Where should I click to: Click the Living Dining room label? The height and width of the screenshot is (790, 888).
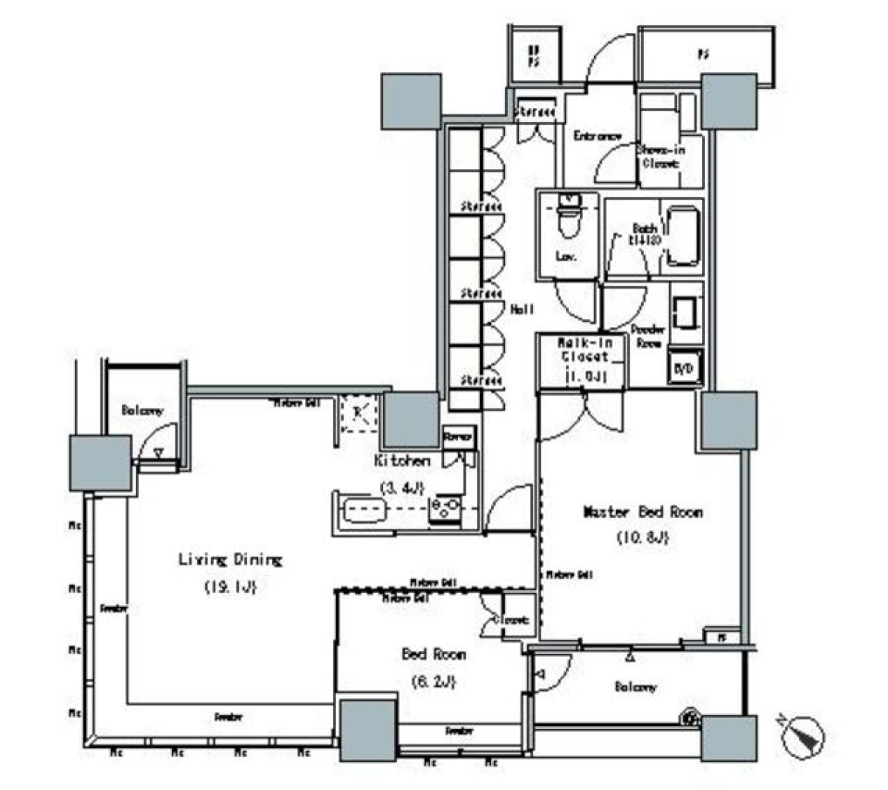[229, 560]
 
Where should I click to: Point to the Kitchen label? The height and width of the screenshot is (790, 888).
[401, 460]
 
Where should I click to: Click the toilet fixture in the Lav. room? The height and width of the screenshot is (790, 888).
[567, 220]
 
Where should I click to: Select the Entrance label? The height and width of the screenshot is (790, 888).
[597, 136]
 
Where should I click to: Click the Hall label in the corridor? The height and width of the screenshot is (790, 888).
[521, 311]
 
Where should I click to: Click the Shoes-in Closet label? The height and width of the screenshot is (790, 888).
[658, 155]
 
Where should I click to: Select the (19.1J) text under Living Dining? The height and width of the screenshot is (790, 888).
[229, 586]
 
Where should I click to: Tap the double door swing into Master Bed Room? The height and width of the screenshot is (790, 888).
[582, 412]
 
